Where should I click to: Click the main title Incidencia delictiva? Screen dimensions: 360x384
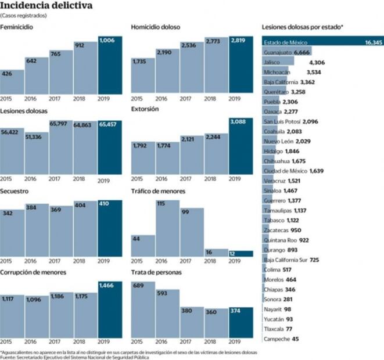click(46, 6)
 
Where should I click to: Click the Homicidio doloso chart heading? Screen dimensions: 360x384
click(156, 27)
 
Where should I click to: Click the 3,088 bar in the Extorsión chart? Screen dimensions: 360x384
click(241, 145)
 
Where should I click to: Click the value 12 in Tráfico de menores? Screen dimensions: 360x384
click(232, 254)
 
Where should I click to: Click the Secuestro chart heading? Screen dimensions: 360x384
click(15, 191)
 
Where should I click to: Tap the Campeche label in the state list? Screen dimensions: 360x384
click(277, 339)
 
